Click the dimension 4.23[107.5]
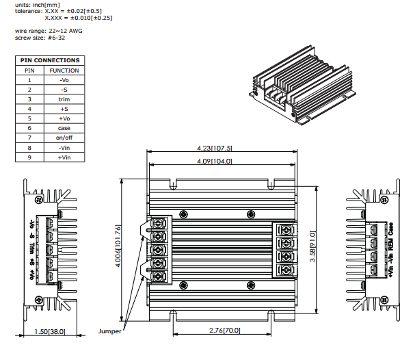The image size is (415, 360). pyautogui.click(x=215, y=148)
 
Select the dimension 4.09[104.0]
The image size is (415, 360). pyautogui.click(x=215, y=162)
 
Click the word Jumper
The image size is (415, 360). pyautogui.click(x=109, y=331)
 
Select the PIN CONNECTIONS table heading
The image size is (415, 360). pyautogui.click(x=50, y=60)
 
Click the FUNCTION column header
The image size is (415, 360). pyautogui.click(x=64, y=70)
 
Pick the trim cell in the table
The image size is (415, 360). pyautogui.click(x=64, y=99)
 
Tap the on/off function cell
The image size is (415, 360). pyautogui.click(x=64, y=138)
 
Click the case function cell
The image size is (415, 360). pyautogui.click(x=64, y=128)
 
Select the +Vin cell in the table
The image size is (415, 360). pyautogui.click(x=64, y=157)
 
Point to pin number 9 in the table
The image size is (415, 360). pyautogui.click(x=29, y=157)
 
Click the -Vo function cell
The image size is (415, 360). pyautogui.click(x=64, y=80)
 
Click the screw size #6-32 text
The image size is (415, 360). pyautogui.click(x=39, y=38)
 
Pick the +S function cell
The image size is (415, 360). pyautogui.click(x=64, y=109)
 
